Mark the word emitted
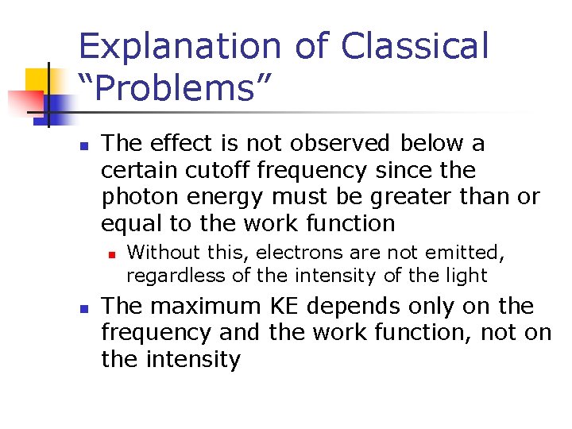469,253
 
